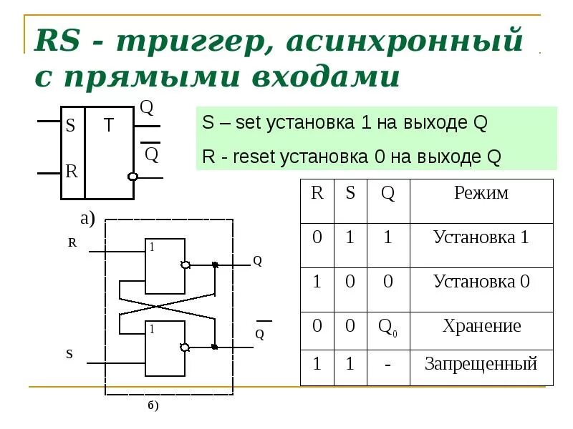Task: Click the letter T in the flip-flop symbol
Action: [x=108, y=126]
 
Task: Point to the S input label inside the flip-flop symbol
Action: [x=70, y=127]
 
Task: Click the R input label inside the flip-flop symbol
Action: [x=71, y=172]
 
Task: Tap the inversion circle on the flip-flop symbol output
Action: [x=132, y=177]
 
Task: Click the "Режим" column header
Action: [x=481, y=193]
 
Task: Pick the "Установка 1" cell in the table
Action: [x=481, y=237]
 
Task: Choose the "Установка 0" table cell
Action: [x=481, y=282]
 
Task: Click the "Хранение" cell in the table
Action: [x=481, y=327]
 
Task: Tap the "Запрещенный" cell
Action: [x=481, y=364]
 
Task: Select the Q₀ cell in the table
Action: [x=387, y=327]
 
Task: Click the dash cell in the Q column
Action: [x=387, y=365]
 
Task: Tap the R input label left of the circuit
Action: [x=72, y=242]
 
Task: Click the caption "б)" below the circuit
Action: [x=153, y=406]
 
